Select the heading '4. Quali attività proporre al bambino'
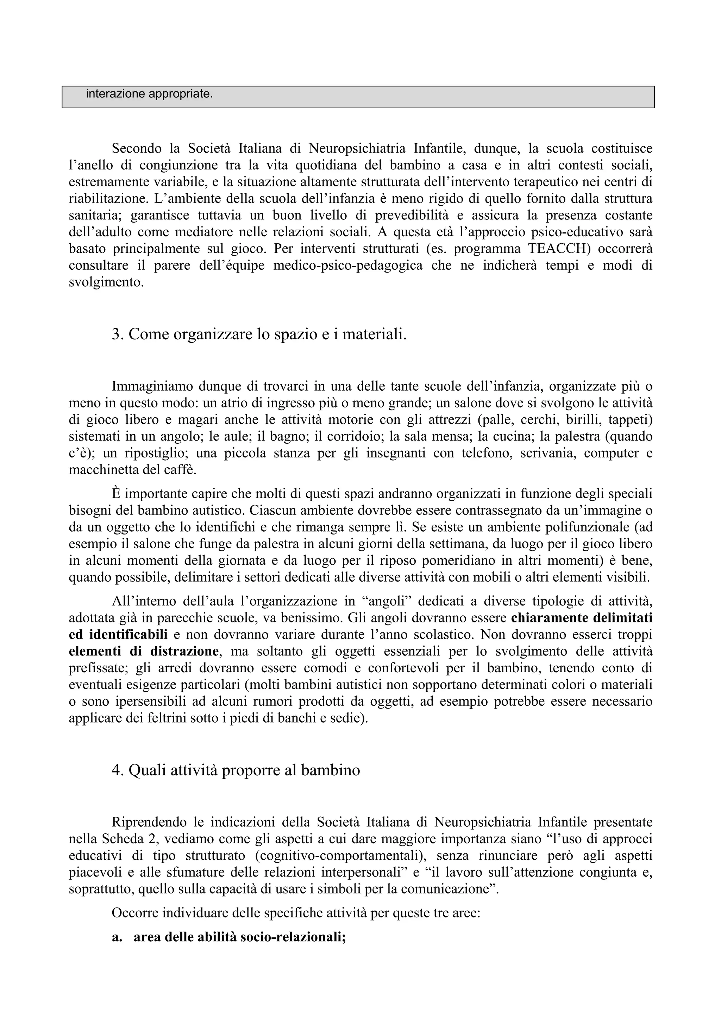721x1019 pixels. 236,770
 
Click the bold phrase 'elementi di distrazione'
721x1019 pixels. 144,651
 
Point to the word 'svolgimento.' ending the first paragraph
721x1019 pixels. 106,282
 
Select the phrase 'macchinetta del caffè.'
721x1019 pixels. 132,470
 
